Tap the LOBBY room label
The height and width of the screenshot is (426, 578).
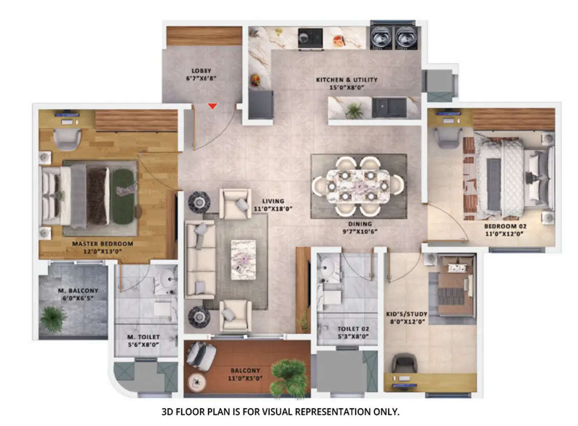point(202,71)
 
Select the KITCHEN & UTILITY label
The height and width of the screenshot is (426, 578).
point(347,80)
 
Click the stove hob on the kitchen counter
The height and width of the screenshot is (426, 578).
point(310,37)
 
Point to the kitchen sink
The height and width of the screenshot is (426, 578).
point(389,107)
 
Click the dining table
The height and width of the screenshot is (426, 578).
point(358,185)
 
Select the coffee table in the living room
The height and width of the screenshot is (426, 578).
point(243,259)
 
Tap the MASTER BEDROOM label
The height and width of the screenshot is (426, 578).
point(102,244)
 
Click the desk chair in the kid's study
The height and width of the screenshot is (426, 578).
point(404,364)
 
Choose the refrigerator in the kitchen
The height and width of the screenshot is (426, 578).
point(261,104)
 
